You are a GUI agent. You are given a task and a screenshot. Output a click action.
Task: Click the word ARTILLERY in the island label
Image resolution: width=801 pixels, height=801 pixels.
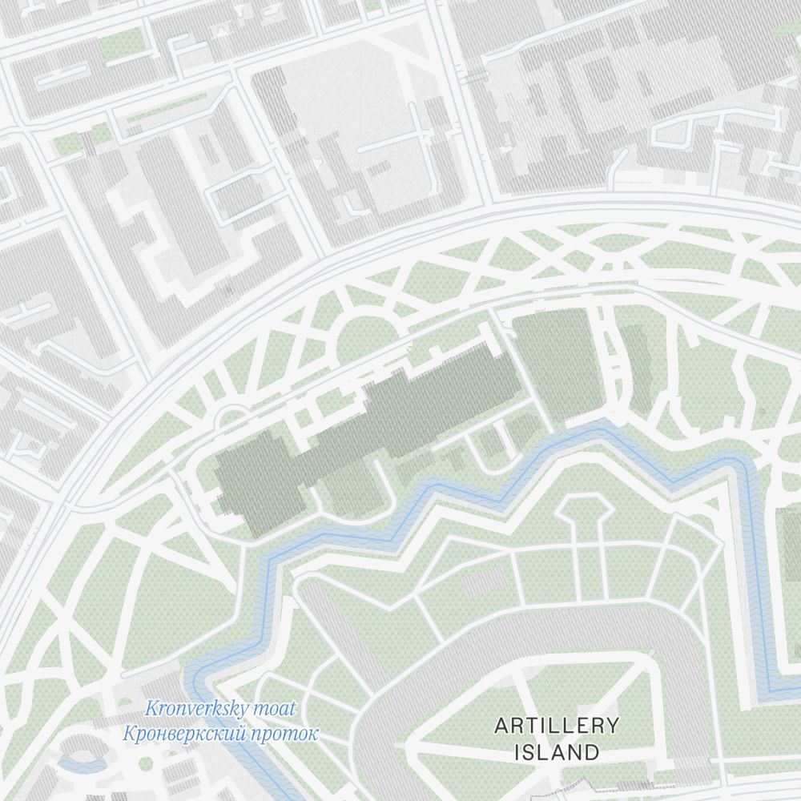(557, 726)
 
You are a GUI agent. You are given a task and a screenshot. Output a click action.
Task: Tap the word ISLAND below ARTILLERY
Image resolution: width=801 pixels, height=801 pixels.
(557, 752)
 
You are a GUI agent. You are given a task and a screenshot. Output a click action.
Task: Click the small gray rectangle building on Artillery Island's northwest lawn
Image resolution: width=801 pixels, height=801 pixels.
(485, 583)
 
